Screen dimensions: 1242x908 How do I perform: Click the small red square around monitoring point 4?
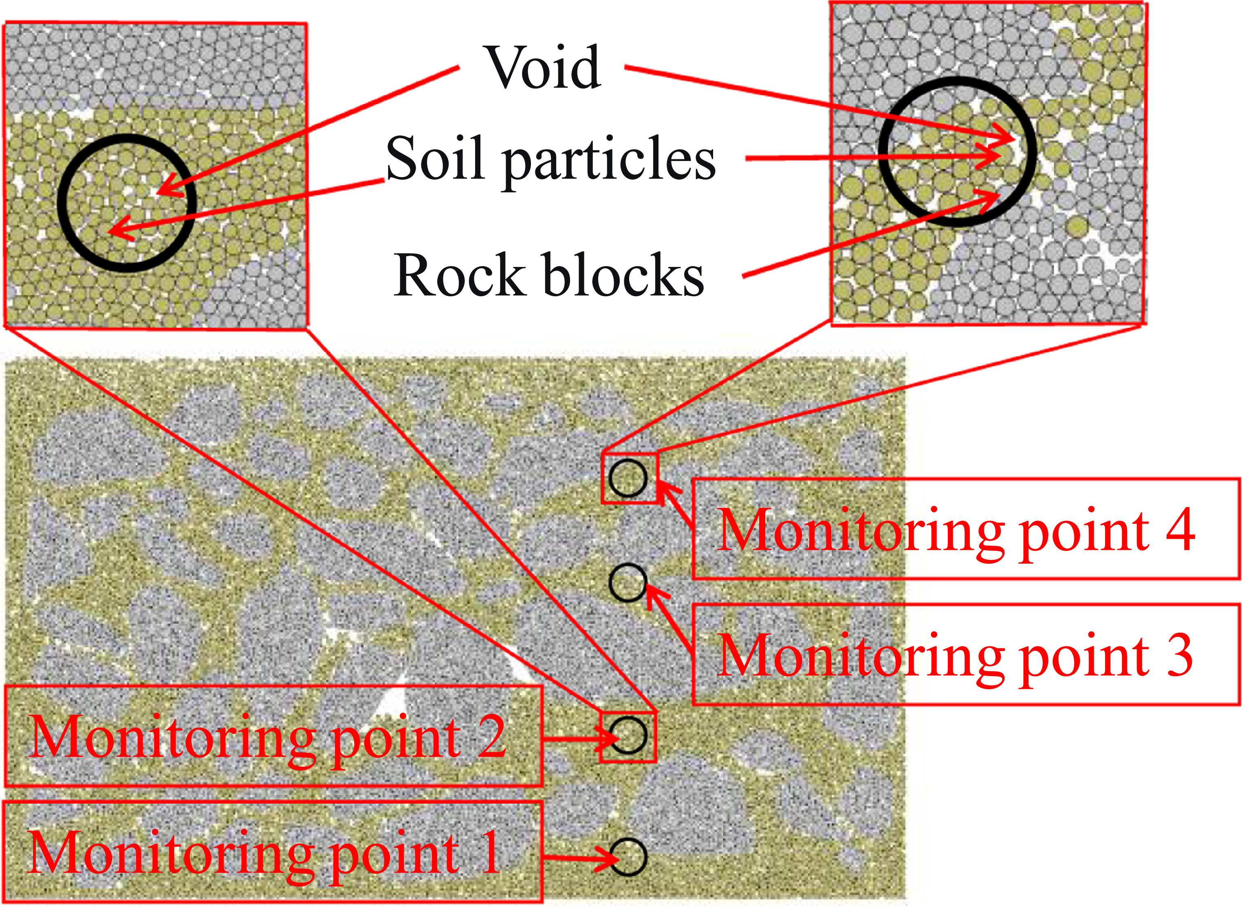[603, 478]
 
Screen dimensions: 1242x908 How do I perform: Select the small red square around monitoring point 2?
[601, 736]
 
